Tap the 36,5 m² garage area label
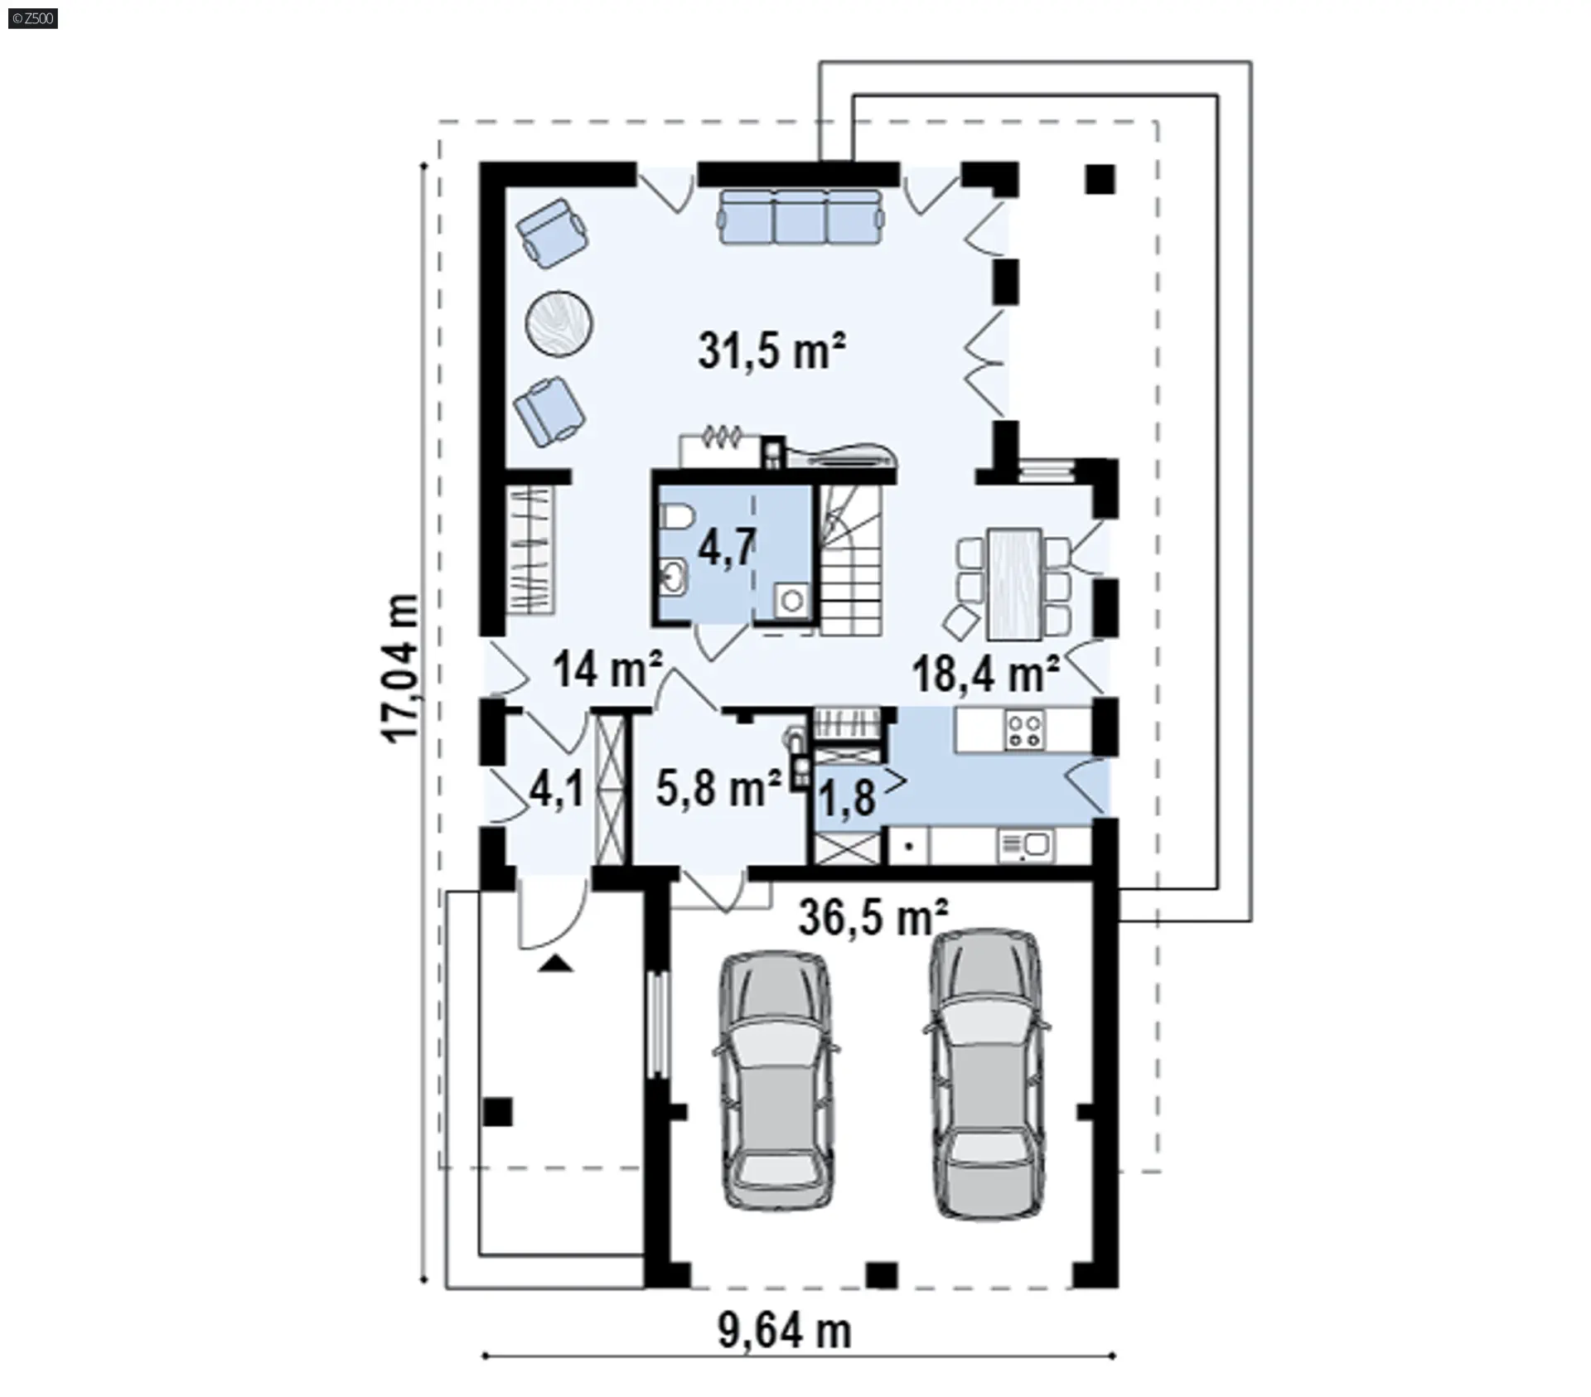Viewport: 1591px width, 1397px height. [x=873, y=917]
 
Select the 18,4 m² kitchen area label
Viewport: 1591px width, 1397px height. [x=986, y=673]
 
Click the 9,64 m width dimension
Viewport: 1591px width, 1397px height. [x=784, y=1332]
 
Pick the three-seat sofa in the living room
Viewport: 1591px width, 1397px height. [x=800, y=216]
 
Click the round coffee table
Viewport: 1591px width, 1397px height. [x=559, y=322]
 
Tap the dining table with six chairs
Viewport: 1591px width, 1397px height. [x=1013, y=584]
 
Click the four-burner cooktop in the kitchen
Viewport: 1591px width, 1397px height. [x=1024, y=731]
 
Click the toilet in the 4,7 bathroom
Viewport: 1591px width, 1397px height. [x=675, y=517]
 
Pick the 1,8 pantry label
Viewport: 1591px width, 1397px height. [x=847, y=798]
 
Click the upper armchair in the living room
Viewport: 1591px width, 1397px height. [x=553, y=232]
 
